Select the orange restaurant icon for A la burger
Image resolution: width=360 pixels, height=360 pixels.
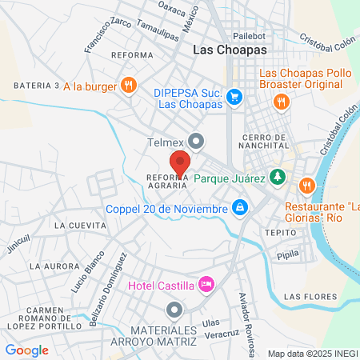click(x=128, y=86)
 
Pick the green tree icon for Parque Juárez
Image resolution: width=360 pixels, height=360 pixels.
click(x=277, y=176)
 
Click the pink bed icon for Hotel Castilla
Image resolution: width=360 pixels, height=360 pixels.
click(x=207, y=284)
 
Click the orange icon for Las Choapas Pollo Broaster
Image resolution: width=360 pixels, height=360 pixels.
click(x=280, y=101)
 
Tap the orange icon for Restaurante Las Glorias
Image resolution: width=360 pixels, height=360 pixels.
click(x=306, y=186)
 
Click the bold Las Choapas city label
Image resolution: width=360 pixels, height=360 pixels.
click(x=229, y=50)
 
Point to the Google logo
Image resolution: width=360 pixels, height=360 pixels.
click(x=26, y=350)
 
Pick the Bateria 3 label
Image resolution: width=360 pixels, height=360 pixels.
click(x=37, y=86)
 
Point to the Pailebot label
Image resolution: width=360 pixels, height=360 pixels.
click(x=248, y=36)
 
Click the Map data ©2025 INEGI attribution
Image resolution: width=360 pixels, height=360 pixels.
click(x=312, y=353)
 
